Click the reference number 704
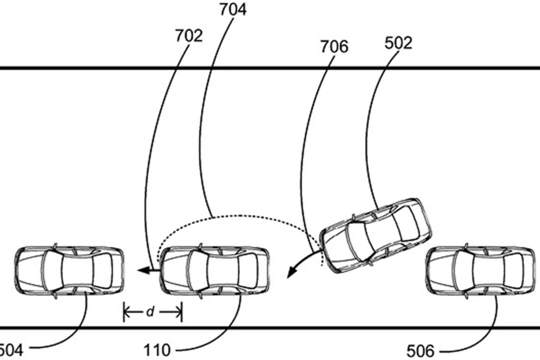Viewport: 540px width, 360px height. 233,9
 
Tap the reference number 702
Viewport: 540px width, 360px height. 189,36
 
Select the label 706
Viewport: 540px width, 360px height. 334,47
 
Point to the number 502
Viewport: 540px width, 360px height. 398,43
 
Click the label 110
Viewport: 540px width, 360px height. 157,351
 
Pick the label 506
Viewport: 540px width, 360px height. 421,351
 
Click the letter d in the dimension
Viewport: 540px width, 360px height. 150,312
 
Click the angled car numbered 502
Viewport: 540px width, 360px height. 376,235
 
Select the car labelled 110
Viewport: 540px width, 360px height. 215,271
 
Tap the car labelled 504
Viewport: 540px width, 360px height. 70,271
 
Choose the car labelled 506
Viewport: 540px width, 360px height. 480,271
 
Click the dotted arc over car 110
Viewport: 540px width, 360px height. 239,216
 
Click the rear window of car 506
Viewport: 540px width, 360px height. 513,271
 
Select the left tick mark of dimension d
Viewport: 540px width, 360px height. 124,312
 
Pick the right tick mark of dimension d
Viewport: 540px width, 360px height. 181,312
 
